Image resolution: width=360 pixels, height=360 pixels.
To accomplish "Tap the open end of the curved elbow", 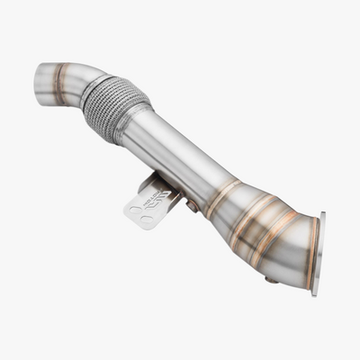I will click(39, 85).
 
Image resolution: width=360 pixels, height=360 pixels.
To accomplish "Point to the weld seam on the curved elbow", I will click(60, 82).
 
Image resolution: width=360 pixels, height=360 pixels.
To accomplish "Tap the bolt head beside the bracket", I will click(193, 206).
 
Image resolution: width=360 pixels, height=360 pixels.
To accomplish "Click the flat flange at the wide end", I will click(318, 254).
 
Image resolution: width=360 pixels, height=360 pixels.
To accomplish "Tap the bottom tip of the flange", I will click(314, 292).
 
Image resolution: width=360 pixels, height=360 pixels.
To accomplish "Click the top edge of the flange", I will click(321, 216).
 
